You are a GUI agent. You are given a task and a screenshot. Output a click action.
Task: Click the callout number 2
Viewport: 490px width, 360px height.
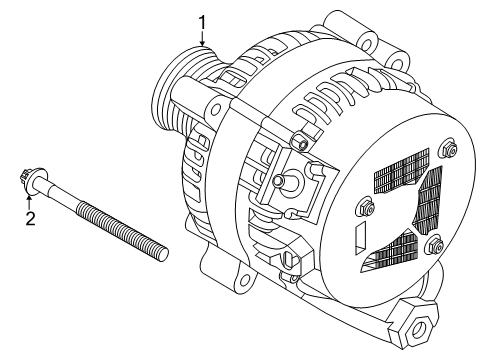click(x=30, y=218)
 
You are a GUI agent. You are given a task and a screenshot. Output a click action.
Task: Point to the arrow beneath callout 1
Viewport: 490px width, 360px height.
click(x=203, y=42)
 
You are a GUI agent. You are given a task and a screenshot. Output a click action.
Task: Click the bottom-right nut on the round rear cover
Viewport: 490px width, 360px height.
click(x=436, y=246)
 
